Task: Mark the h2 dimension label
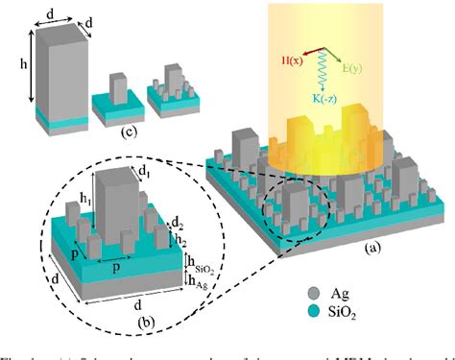pos(179,237)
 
